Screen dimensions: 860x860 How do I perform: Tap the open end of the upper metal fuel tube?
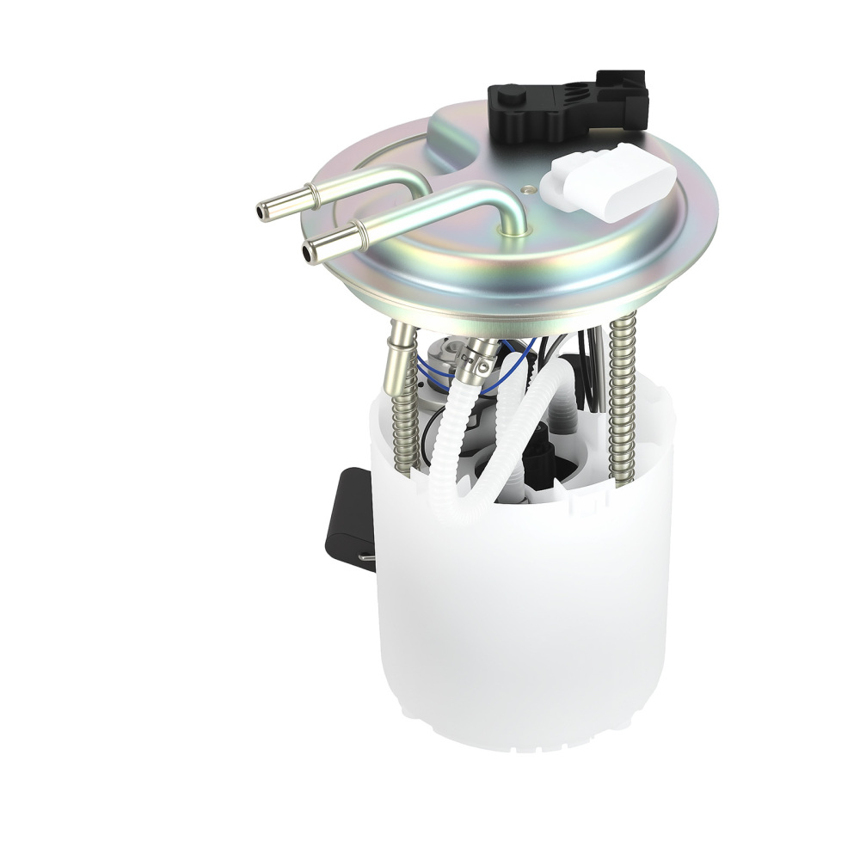(x=261, y=209)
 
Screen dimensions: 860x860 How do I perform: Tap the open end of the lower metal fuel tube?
(x=308, y=252)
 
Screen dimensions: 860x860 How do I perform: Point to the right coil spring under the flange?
(x=621, y=396)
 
